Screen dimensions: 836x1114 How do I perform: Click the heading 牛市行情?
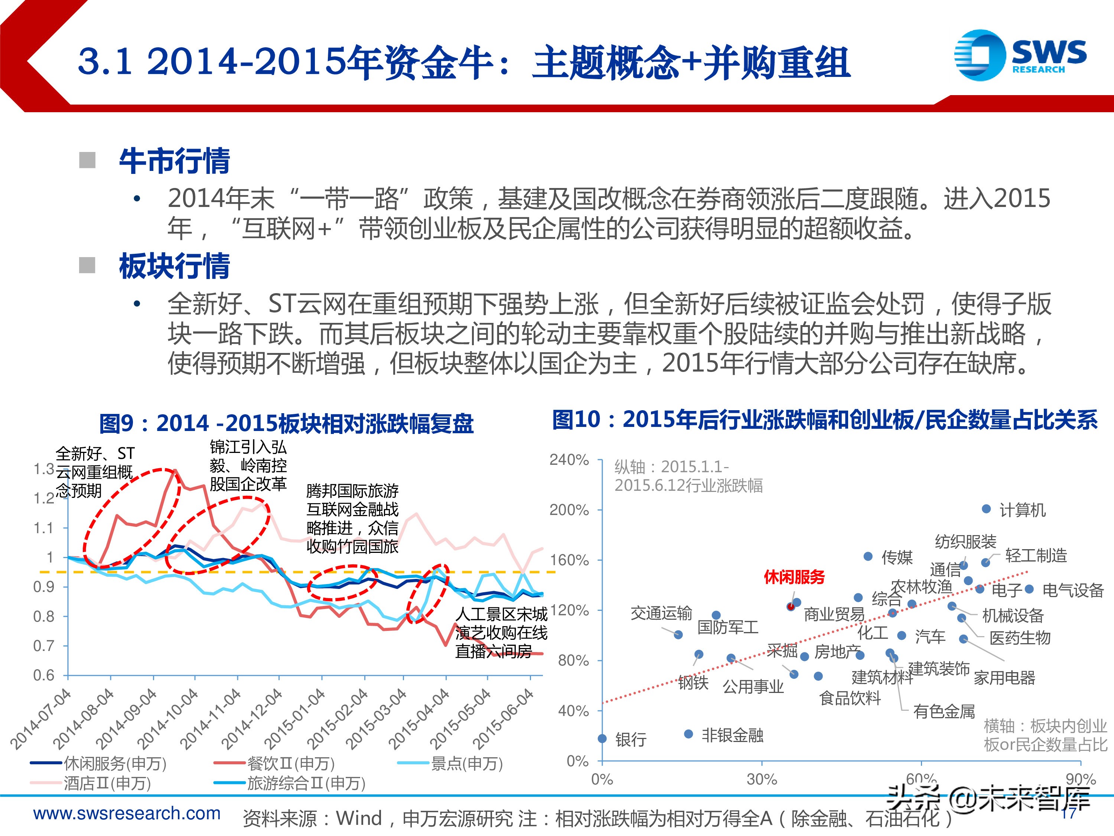(x=174, y=161)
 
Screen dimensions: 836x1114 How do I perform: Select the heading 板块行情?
(x=174, y=266)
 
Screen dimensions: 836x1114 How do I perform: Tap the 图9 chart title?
(x=286, y=423)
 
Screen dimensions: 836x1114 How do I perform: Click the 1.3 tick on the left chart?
(x=43, y=469)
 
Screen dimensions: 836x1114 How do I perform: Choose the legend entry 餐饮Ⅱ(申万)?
(x=291, y=764)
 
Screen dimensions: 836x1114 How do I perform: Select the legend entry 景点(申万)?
(x=466, y=764)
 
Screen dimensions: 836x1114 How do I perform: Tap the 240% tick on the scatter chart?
(x=569, y=460)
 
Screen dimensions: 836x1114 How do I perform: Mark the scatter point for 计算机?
(x=987, y=509)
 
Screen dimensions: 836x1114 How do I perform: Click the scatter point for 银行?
(x=602, y=739)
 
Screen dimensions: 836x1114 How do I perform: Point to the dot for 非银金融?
(x=688, y=734)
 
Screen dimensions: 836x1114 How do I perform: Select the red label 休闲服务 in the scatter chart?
(x=794, y=577)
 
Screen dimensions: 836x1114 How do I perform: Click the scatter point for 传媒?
(x=868, y=556)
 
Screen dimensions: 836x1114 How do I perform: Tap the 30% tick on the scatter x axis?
(x=762, y=780)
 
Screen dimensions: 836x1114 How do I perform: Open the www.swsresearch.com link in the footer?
(x=127, y=813)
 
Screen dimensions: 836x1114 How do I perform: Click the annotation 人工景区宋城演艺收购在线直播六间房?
(x=501, y=632)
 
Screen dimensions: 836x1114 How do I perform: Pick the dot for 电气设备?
(x=1029, y=589)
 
